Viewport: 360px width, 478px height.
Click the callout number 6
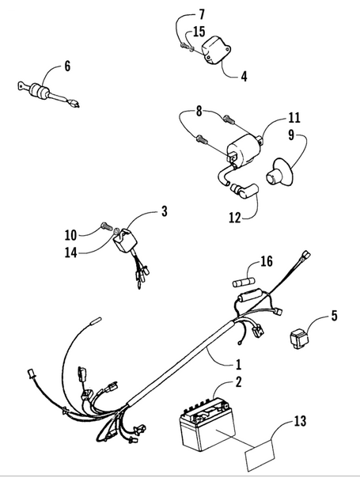pyautogui.click(x=67, y=66)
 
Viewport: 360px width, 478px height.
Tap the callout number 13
pyautogui.click(x=300, y=421)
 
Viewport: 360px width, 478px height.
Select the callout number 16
pyautogui.click(x=266, y=262)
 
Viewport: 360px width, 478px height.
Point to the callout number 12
pyautogui.click(x=235, y=218)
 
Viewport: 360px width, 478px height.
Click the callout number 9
pyautogui.click(x=291, y=135)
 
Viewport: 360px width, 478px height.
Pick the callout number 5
pyautogui.click(x=335, y=316)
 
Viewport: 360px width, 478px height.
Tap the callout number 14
pyautogui.click(x=70, y=252)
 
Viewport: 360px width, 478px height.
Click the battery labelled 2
pyautogui.click(x=207, y=423)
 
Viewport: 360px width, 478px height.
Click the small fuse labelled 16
pyautogui.click(x=244, y=283)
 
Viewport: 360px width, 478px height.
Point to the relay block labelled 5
pyautogui.click(x=299, y=339)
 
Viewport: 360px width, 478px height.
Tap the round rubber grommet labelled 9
pyautogui.click(x=279, y=173)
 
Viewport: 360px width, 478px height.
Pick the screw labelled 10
pyautogui.click(x=105, y=227)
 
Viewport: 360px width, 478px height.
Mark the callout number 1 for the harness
pyautogui.click(x=238, y=364)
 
